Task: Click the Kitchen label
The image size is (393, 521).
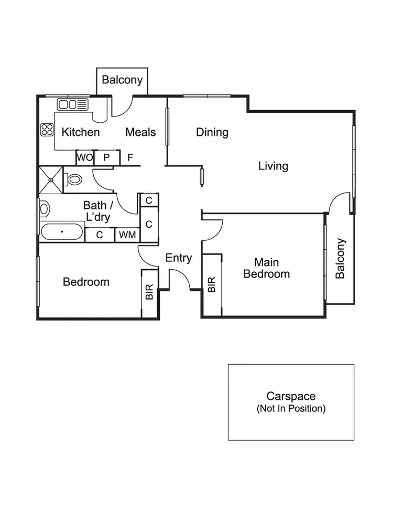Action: [x=81, y=132]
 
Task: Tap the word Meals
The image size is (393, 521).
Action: [x=140, y=132]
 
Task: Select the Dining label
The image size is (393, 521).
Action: [x=212, y=132]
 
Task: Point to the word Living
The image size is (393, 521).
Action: [x=273, y=166]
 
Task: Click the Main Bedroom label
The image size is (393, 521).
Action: [x=266, y=268]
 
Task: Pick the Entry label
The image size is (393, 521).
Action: [x=179, y=258]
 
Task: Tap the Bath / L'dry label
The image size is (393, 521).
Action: [x=98, y=211]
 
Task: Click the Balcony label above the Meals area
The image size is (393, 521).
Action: [x=122, y=80]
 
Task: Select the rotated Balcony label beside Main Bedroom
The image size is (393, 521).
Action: [x=341, y=259]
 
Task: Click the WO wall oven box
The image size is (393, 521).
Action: [x=84, y=157]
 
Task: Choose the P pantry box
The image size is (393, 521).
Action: [x=106, y=157]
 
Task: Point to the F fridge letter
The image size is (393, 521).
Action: [x=130, y=157]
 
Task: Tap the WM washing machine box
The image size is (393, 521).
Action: [x=127, y=235]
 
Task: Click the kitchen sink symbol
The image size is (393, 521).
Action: [x=72, y=104]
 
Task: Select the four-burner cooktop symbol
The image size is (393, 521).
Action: [x=47, y=129]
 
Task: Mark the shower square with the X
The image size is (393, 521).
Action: [x=51, y=180]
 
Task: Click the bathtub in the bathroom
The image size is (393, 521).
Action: [x=62, y=231]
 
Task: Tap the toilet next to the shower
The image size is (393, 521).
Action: [x=74, y=179]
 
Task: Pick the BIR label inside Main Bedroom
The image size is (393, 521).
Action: [x=212, y=285]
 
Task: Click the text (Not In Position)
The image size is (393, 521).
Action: [x=291, y=408]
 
